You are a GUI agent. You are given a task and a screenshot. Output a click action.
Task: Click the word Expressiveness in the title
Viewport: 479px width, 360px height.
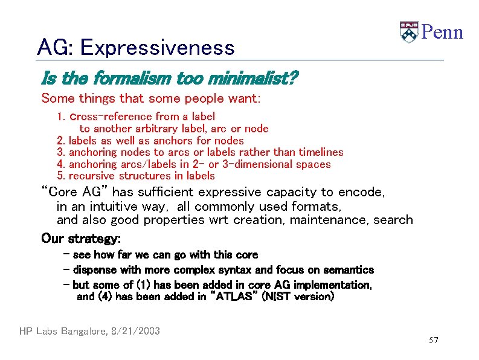coord(156,47)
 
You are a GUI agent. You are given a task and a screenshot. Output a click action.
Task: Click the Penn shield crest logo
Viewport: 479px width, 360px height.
coord(409,32)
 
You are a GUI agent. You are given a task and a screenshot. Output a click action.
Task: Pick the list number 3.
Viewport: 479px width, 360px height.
coord(60,152)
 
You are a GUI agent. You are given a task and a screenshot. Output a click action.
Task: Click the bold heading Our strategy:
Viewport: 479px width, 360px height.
coord(81,238)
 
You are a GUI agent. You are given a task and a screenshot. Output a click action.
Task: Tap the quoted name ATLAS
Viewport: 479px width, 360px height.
coord(236,297)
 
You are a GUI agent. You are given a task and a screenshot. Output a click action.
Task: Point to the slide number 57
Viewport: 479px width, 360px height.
coord(433,341)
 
